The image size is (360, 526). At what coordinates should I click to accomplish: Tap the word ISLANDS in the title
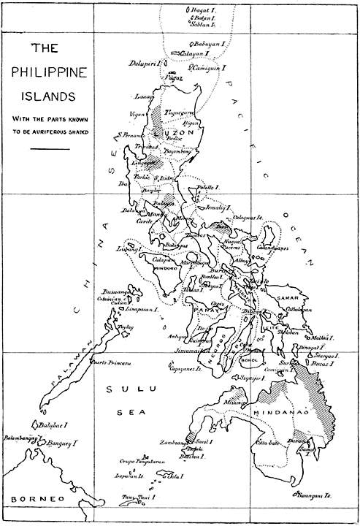47,94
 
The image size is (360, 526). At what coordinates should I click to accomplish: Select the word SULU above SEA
120,392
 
